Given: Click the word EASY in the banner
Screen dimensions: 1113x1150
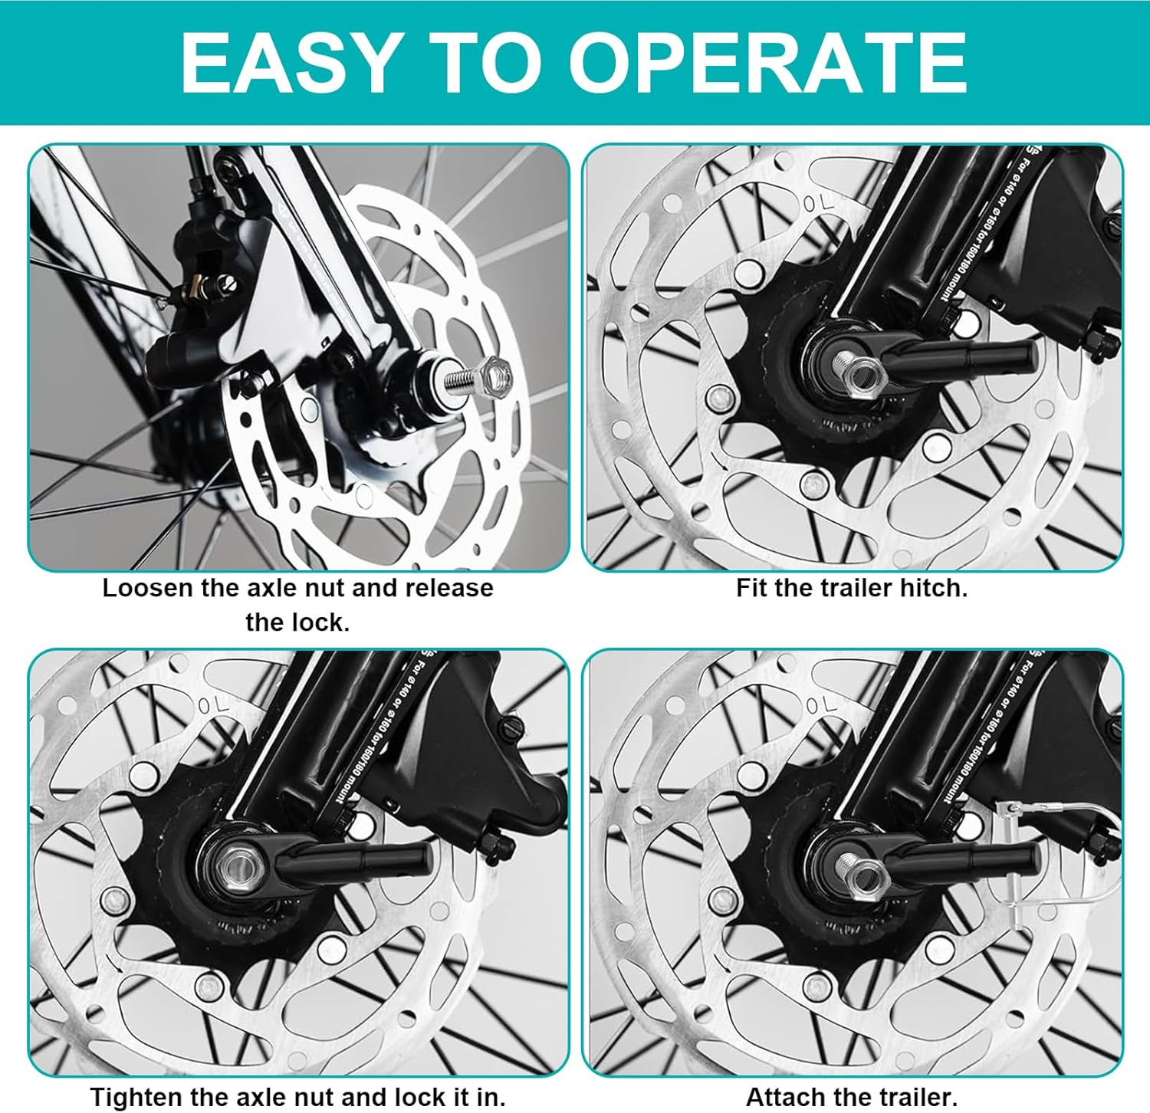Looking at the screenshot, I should [x=288, y=63].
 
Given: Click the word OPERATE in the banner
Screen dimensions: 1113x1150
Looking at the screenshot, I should [x=767, y=63].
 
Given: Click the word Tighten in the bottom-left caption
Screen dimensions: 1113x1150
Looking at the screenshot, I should [x=136, y=1096].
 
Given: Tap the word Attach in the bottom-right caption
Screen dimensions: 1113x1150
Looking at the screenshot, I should [x=783, y=1096].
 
